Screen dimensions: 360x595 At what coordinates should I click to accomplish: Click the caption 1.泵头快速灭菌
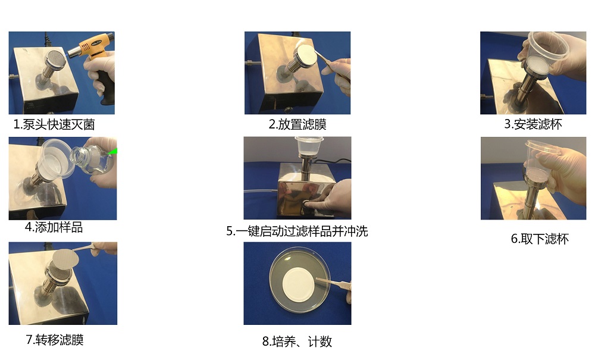[54, 125]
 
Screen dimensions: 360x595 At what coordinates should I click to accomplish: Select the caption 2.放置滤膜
[297, 124]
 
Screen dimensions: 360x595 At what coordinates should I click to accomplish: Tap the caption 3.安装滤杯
[533, 124]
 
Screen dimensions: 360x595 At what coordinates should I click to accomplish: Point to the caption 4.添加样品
[54, 227]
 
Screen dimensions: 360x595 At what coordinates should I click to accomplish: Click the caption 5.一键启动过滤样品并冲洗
[297, 231]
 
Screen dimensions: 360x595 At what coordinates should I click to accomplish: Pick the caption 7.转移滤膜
[55, 340]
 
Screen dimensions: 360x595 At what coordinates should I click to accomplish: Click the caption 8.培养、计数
[297, 341]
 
